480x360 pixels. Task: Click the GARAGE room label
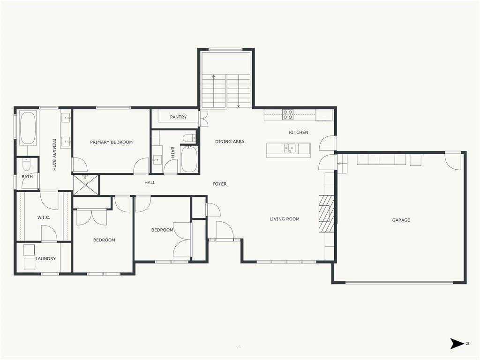[x=401, y=220]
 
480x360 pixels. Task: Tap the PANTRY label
[x=178, y=117]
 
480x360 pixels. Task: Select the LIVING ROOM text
[x=285, y=219]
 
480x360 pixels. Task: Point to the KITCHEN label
[x=299, y=132]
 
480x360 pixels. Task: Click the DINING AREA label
[x=230, y=142]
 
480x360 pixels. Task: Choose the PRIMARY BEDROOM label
[x=112, y=142]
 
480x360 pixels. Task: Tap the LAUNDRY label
[x=45, y=258]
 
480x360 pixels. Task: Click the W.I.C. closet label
[x=44, y=217]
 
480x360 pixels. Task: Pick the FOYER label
[x=219, y=184]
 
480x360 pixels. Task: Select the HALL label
[x=150, y=182]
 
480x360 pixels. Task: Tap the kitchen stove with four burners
[x=288, y=114]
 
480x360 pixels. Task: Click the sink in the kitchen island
[x=290, y=148]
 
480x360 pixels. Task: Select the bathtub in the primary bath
[x=28, y=128]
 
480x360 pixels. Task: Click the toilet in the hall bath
[x=189, y=138]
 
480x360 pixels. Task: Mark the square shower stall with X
[x=86, y=185]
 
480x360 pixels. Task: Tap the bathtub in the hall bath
[x=189, y=159]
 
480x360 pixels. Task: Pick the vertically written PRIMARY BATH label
[x=54, y=155]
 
